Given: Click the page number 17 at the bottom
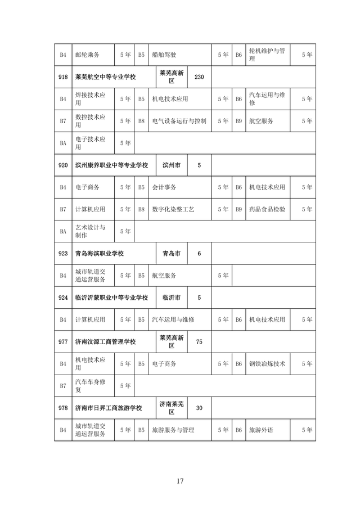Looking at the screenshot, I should [180, 481].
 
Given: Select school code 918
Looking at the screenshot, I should [63, 76].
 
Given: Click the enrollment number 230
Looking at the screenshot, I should [199, 76].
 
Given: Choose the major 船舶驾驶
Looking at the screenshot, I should [164, 55].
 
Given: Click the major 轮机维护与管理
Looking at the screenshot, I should [267, 55].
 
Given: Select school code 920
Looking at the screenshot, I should [63, 165].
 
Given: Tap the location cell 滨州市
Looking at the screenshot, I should [171, 165].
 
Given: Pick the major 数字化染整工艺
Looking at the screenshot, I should [173, 209].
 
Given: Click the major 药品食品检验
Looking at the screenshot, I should [267, 209].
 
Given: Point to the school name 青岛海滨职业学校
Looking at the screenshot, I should [99, 253].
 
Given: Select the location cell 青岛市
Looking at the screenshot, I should [171, 253].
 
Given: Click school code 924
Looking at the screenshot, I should [63, 298].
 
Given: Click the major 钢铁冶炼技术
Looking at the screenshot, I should [267, 364].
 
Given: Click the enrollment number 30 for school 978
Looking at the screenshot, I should [199, 408].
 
